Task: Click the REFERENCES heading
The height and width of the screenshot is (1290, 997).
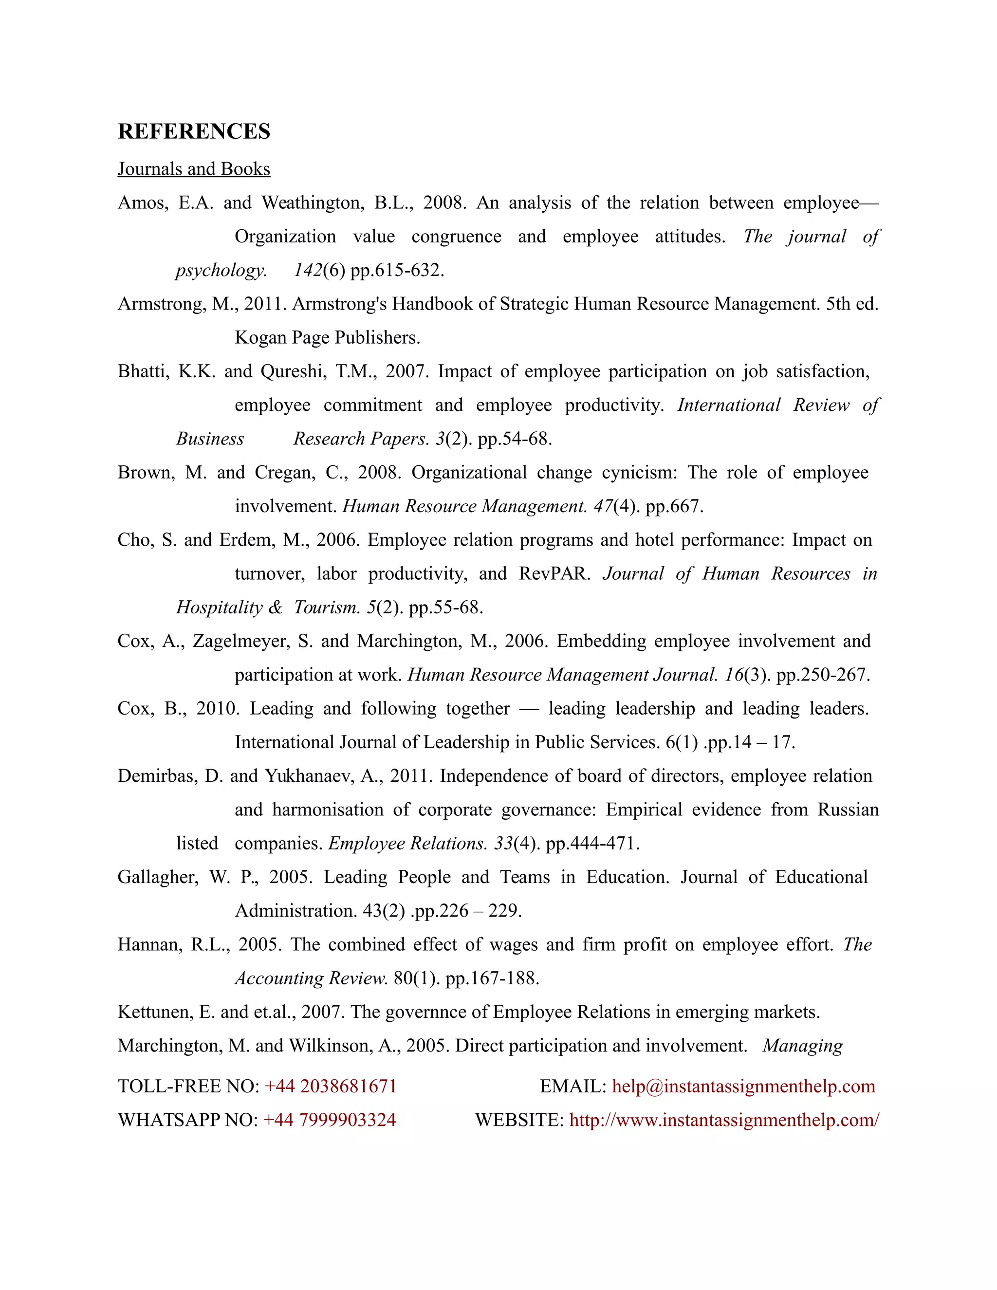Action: pos(194,131)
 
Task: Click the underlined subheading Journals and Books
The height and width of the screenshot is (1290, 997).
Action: pos(194,169)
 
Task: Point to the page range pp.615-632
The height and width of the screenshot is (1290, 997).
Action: pos(397,271)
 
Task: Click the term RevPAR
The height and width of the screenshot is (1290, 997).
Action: pos(554,573)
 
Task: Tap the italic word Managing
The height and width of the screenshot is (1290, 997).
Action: pos(802,1046)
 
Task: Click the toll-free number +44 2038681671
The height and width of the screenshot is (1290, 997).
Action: pos(330,1086)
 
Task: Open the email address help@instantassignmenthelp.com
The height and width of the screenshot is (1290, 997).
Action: pos(743,1086)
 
